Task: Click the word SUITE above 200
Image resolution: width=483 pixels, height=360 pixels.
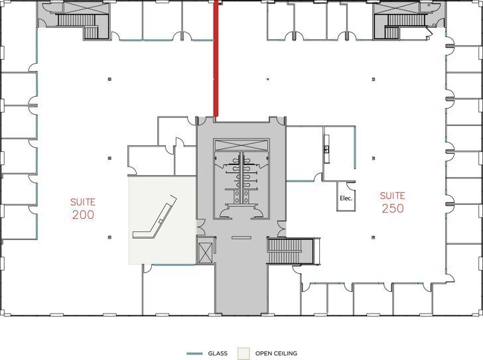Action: click(x=83, y=201)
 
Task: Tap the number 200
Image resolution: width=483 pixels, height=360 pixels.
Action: click(x=83, y=215)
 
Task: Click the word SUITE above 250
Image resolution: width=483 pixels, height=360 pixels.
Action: click(x=391, y=195)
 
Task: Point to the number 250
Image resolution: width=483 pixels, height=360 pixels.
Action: click(x=392, y=208)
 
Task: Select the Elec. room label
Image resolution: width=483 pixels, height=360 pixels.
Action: click(x=345, y=198)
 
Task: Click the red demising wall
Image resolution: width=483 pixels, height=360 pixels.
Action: click(x=216, y=60)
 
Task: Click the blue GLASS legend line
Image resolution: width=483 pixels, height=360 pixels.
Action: click(x=194, y=353)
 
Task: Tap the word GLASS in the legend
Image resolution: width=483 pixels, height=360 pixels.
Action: click(x=217, y=353)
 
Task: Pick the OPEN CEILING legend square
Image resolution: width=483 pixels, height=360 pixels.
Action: click(x=244, y=353)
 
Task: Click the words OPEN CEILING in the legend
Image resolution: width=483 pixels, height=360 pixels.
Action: click(x=276, y=353)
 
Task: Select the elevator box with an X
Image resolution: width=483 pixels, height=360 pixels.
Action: click(x=206, y=252)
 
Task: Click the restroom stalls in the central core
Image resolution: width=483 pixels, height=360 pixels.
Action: click(x=241, y=179)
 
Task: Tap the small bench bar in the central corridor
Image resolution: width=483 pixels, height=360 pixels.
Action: click(x=240, y=237)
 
